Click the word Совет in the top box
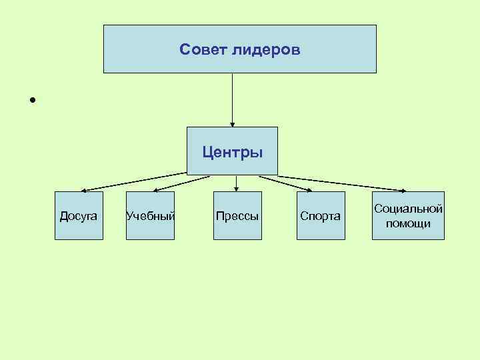[x=203, y=50]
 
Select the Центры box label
[x=233, y=153]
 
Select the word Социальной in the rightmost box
[x=409, y=209]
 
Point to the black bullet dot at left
[x=31, y=101]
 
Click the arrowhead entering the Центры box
[x=233, y=123]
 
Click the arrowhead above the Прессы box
[x=237, y=189]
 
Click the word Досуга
[x=79, y=216]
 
